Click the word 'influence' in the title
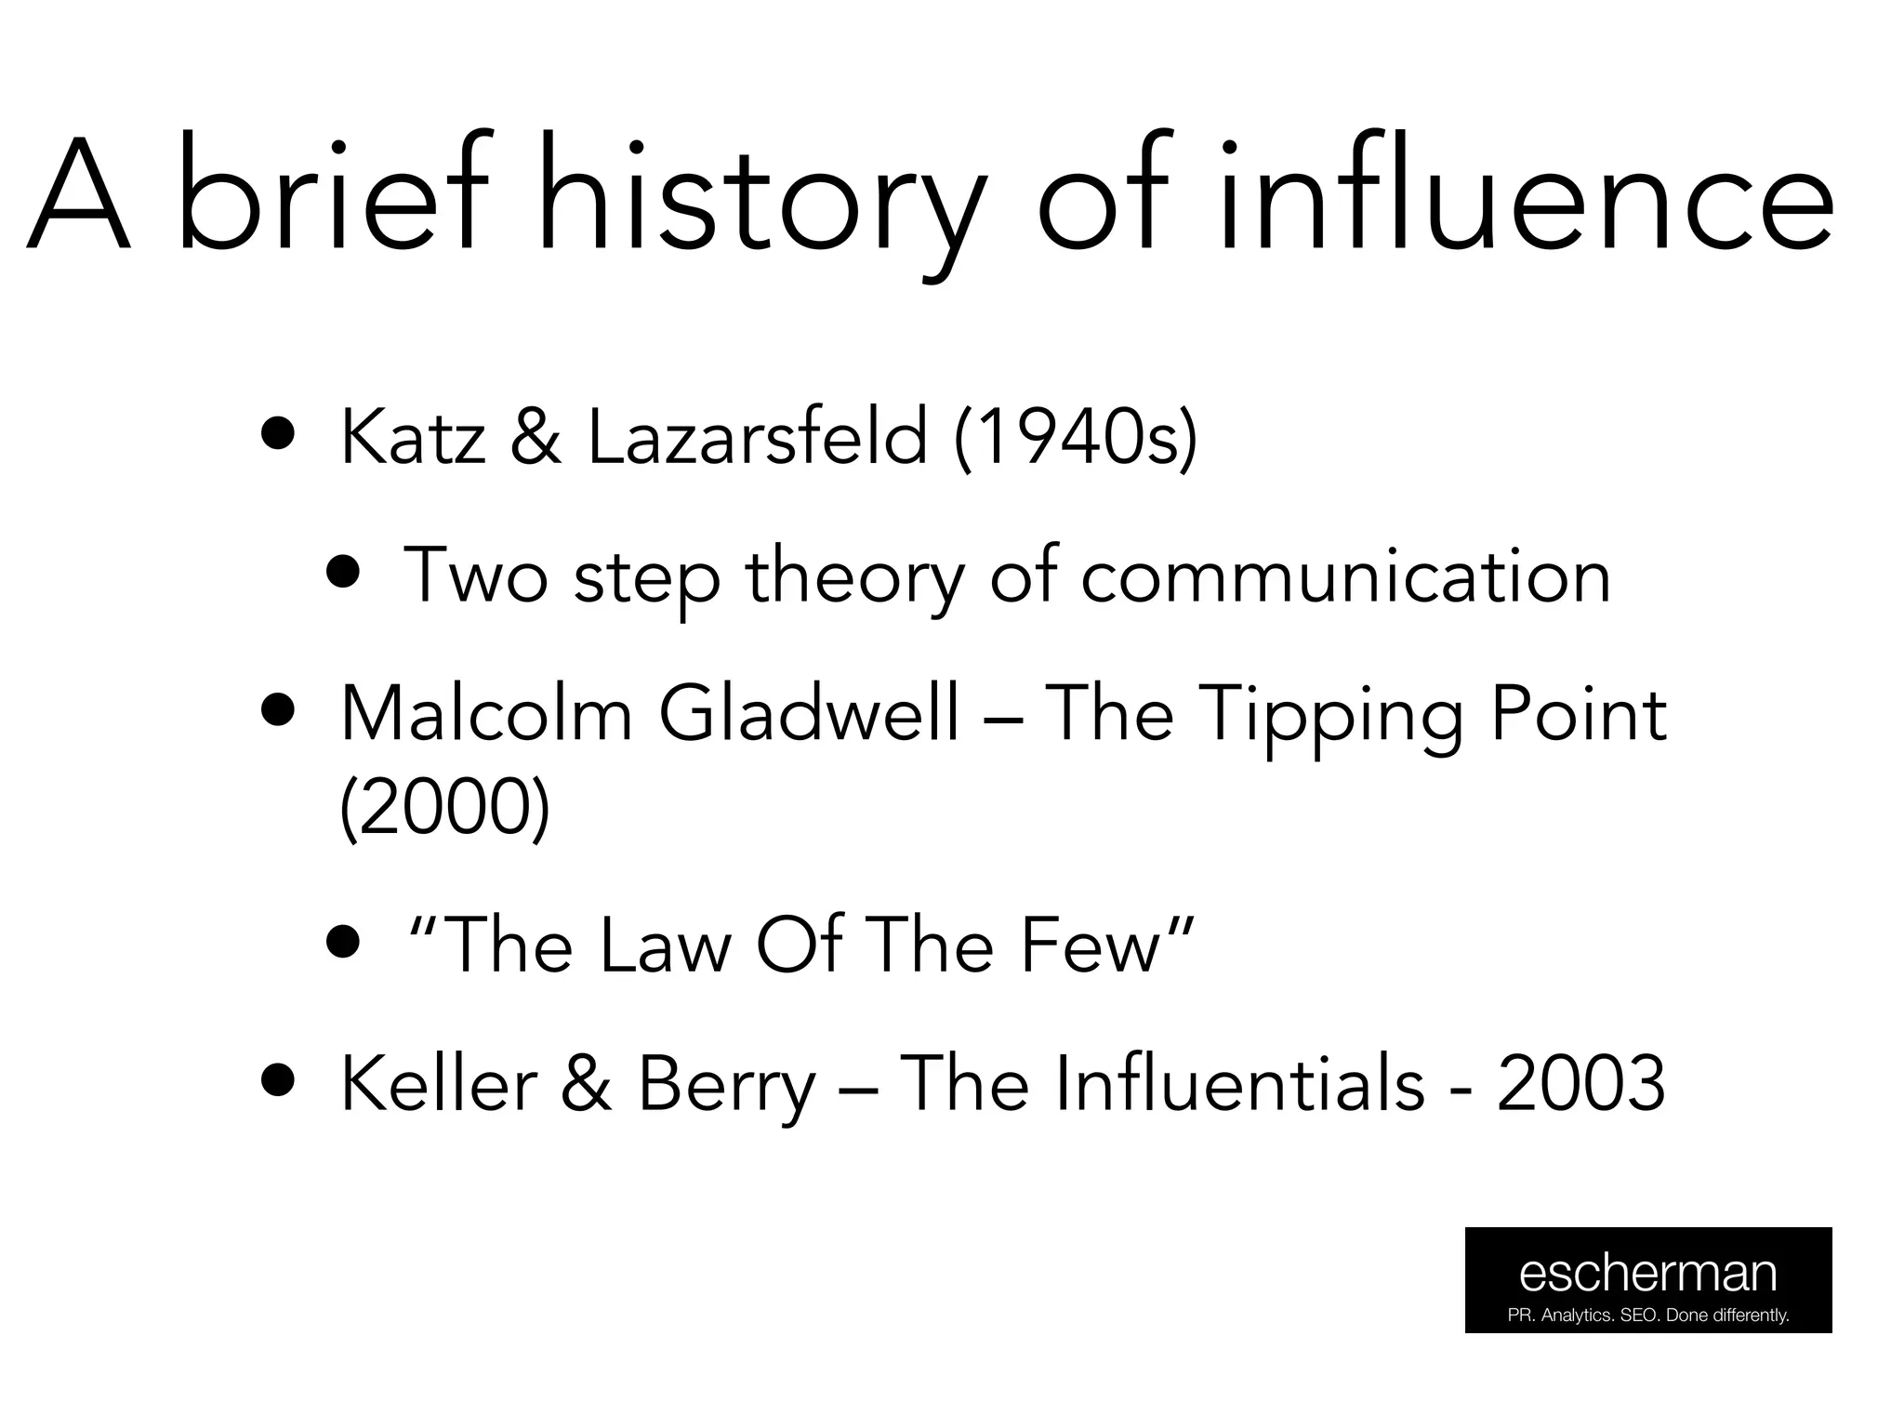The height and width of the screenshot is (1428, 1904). click(1525, 196)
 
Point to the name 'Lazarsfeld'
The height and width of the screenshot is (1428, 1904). click(757, 437)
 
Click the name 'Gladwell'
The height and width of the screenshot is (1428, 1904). click(809, 714)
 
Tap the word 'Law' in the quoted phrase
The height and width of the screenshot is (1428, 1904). click(666, 946)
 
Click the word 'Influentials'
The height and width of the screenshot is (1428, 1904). click(1162, 1084)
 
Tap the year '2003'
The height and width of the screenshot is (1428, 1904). click(1580, 1084)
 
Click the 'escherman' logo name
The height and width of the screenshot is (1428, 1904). click(1647, 1273)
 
